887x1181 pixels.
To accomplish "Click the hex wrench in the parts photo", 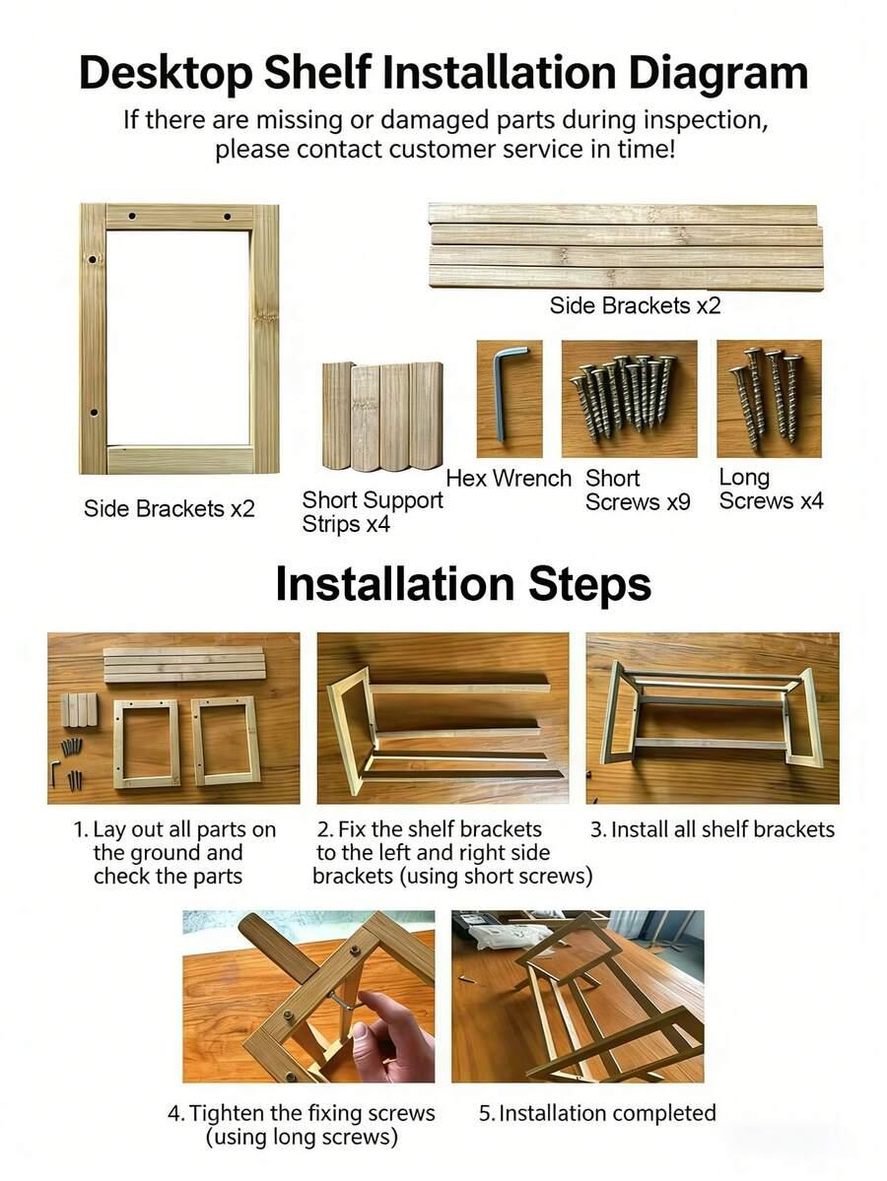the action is (501, 392).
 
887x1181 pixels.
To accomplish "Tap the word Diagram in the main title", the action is (717, 72).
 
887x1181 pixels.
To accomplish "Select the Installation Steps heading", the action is (462, 584).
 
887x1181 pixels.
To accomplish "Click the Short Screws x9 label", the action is (638, 490).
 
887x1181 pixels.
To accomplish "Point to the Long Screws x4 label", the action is (771, 489).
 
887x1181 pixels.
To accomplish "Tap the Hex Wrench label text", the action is (509, 479).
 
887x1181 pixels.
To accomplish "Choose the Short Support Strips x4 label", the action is (373, 511).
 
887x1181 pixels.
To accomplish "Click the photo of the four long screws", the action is (769, 399).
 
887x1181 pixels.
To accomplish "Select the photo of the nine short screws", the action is (629, 399).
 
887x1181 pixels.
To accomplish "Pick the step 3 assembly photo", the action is (713, 718).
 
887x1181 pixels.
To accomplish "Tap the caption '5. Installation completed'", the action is (597, 1113).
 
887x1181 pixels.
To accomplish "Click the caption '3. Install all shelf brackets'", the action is (713, 829).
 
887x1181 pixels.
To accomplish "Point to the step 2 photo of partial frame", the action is (443, 718).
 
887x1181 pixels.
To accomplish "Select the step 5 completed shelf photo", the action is (578, 997).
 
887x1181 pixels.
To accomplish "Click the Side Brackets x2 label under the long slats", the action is (636, 305).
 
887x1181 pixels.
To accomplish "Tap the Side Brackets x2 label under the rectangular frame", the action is (170, 508).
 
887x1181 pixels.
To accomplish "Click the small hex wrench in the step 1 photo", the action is (54, 772).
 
